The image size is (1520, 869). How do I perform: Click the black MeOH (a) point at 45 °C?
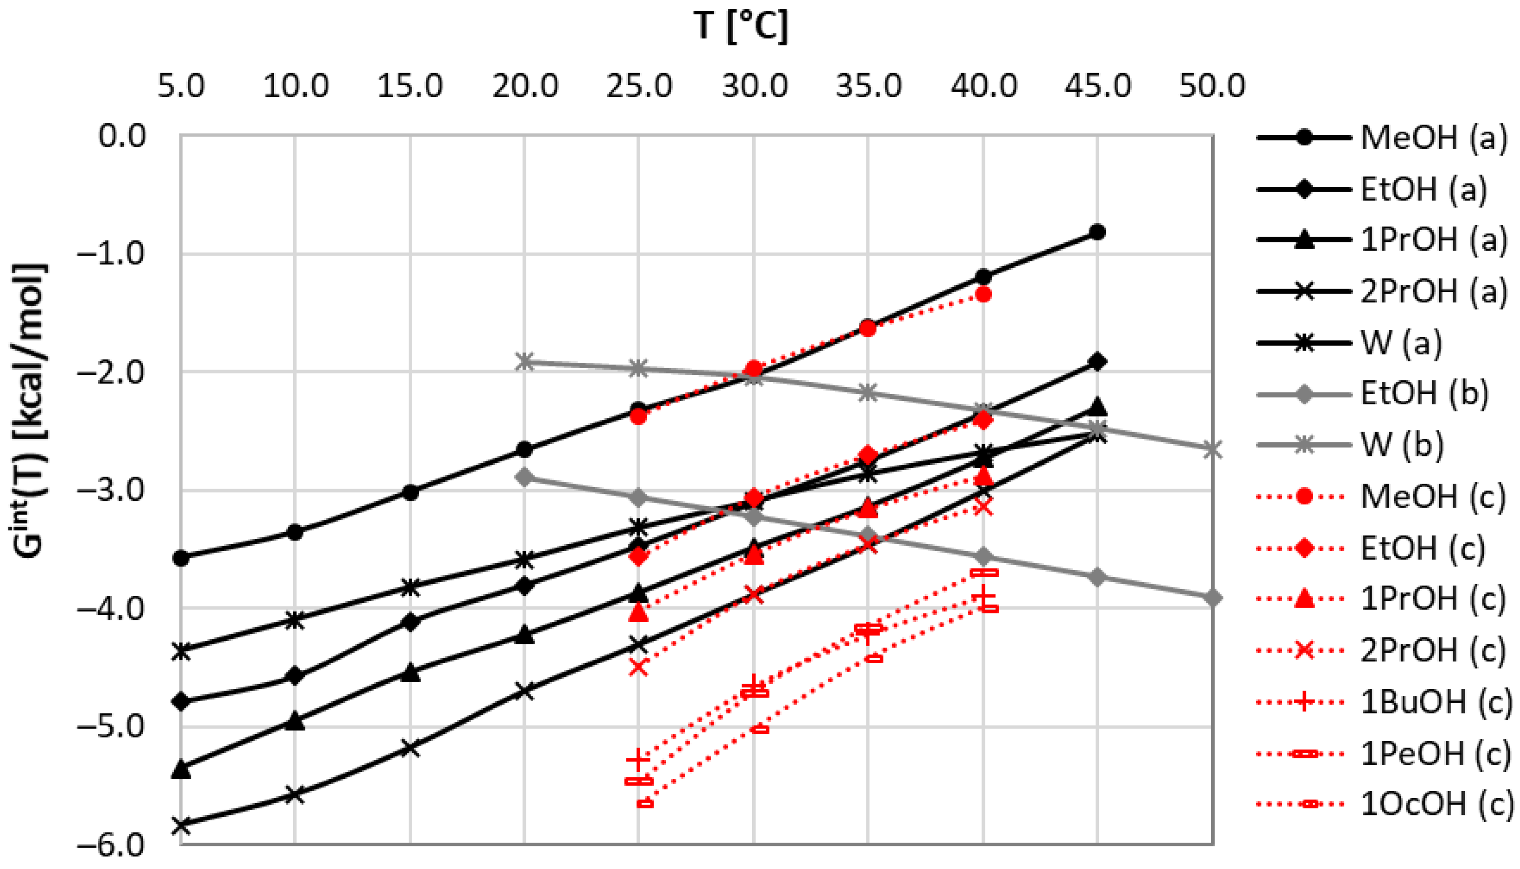1097,232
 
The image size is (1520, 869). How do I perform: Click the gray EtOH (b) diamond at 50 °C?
1212,598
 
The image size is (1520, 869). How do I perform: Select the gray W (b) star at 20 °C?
524,362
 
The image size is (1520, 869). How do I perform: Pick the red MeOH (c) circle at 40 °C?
983,294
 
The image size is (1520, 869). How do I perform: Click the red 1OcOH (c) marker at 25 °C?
645,803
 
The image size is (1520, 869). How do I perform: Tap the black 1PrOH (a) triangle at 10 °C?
295,721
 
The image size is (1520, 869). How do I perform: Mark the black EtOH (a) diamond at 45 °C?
1097,362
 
